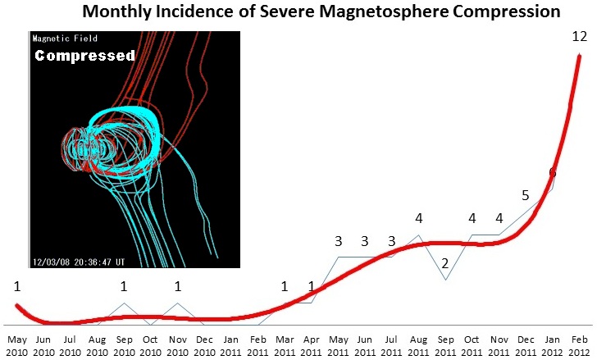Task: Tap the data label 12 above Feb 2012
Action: [581, 37]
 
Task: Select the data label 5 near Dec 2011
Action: [526, 195]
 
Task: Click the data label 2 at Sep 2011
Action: [444, 263]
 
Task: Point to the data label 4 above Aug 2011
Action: [418, 218]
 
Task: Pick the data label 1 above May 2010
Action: [16, 286]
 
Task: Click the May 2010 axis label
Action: [16, 344]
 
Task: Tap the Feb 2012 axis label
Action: [580, 344]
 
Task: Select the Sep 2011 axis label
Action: [445, 344]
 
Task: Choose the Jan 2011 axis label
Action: [231, 344]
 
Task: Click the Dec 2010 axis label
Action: [204, 344]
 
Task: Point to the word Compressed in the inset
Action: [84, 56]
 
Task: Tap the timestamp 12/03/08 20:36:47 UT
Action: [80, 262]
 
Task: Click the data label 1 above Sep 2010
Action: [124, 286]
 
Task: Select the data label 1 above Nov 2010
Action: [177, 286]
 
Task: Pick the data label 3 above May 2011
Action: [338, 241]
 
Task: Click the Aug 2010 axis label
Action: [97, 344]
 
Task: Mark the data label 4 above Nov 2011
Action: [499, 218]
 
